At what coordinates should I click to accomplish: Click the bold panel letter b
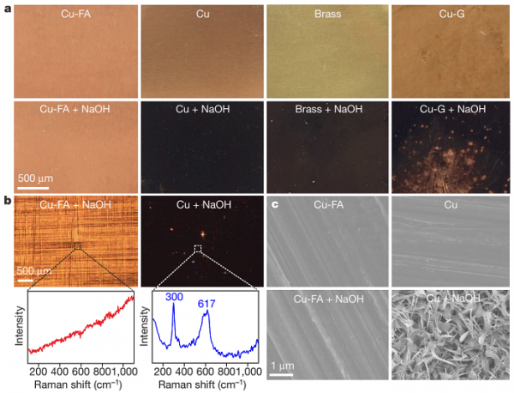tap(6, 202)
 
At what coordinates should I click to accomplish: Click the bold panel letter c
tap(274, 204)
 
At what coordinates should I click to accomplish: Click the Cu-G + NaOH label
tap(451, 110)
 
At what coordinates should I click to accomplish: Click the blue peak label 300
tap(176, 297)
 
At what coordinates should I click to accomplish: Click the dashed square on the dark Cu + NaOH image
tap(198, 249)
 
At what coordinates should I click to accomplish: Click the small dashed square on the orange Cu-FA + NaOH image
tap(77, 246)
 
